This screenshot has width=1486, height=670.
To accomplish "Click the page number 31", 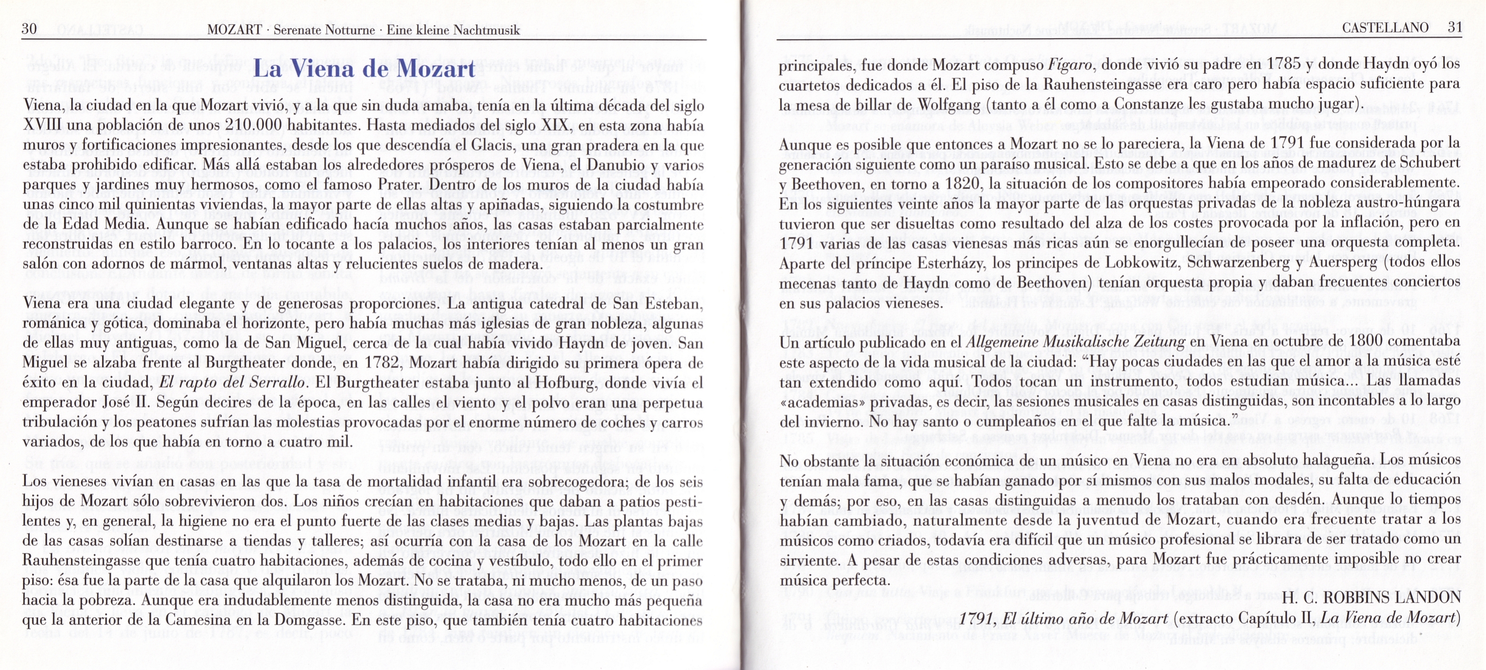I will click(x=1454, y=28).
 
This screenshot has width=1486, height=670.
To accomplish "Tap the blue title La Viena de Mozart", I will click(x=364, y=69).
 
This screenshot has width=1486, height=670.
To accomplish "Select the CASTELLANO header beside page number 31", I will click(x=1385, y=28).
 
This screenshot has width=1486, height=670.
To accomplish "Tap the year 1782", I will click(x=382, y=362).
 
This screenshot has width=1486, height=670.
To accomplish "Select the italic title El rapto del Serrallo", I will click(x=232, y=383).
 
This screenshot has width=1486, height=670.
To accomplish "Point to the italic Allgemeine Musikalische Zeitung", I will click(x=1075, y=342).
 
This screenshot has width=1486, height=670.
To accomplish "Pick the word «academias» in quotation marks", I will click(x=820, y=401).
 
